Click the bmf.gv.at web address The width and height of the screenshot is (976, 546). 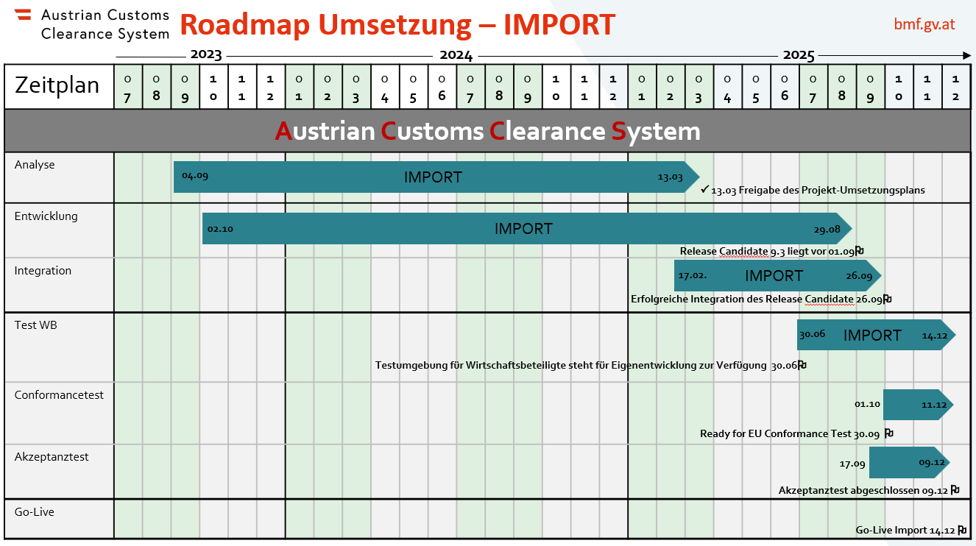pos(924,24)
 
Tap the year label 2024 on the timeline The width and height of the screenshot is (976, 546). pos(456,55)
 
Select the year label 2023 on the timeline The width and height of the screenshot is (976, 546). pos(205,55)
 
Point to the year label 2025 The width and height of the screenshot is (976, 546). pos(799,55)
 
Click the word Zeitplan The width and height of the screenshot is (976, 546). pos(57,85)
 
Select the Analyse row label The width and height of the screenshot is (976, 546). pos(35,165)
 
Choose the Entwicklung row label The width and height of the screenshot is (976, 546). pos(46,216)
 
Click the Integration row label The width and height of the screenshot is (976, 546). pos(43,271)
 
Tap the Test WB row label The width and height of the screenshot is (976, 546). pos(36,325)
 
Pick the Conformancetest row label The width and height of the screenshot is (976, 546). pos(59,395)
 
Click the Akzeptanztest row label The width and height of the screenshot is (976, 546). pos(52,457)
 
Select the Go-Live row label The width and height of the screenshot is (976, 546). pos(34,512)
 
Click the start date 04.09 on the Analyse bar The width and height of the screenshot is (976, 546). pos(195,177)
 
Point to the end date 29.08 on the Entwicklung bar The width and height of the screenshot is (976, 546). pos(827,229)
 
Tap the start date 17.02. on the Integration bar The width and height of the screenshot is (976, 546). pos(693,276)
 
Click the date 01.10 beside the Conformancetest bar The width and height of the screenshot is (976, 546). pos(867,405)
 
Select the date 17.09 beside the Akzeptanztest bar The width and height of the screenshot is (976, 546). pos(852,464)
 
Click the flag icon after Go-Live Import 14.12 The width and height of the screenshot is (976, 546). pos(962,529)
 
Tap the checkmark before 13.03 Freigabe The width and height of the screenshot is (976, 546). pos(705,189)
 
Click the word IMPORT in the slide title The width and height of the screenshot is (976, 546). pos(559,24)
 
